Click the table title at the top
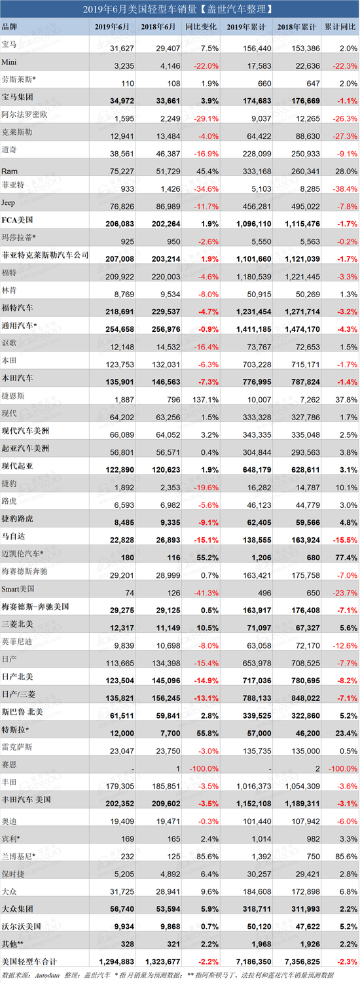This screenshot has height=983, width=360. [x=179, y=9]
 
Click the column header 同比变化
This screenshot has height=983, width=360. [x=200, y=27]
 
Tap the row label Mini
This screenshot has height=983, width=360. [x=9, y=62]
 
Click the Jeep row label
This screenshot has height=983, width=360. [x=10, y=204]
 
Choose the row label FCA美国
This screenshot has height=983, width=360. [x=17, y=221]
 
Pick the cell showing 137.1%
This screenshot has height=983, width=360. [x=200, y=396]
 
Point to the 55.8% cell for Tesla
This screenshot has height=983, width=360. [x=200, y=728]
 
